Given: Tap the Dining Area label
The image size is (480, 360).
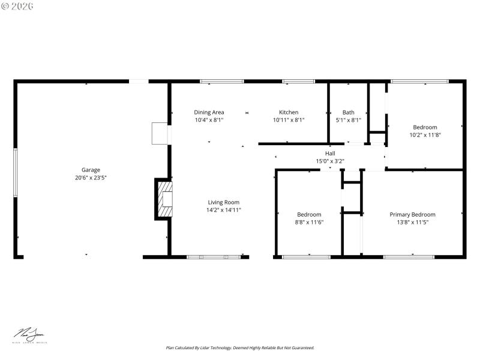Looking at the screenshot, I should [209, 112].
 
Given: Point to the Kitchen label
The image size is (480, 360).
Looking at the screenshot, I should [289, 112].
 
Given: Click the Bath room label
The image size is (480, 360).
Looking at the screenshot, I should [348, 112].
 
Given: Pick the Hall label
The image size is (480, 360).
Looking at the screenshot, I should [330, 153].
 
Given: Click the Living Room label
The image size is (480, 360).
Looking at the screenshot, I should [224, 202].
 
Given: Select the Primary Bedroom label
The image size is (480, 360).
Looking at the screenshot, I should [412, 214].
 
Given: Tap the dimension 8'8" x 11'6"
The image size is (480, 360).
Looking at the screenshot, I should [309, 222].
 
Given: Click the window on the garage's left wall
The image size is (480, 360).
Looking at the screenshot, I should [16, 172].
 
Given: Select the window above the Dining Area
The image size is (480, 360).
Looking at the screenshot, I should [221, 81].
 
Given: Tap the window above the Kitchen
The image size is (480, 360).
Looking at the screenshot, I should [298, 81].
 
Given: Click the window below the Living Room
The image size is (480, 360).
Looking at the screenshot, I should [213, 257].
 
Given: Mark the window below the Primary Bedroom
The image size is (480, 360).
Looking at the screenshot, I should [409, 257].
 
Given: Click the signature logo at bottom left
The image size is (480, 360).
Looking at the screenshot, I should [30, 335].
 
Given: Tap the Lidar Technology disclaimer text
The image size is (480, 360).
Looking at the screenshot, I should [239, 347].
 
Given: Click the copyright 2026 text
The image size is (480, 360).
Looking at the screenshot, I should [17, 5].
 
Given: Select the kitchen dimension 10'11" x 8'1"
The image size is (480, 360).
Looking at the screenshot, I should [289, 120].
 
